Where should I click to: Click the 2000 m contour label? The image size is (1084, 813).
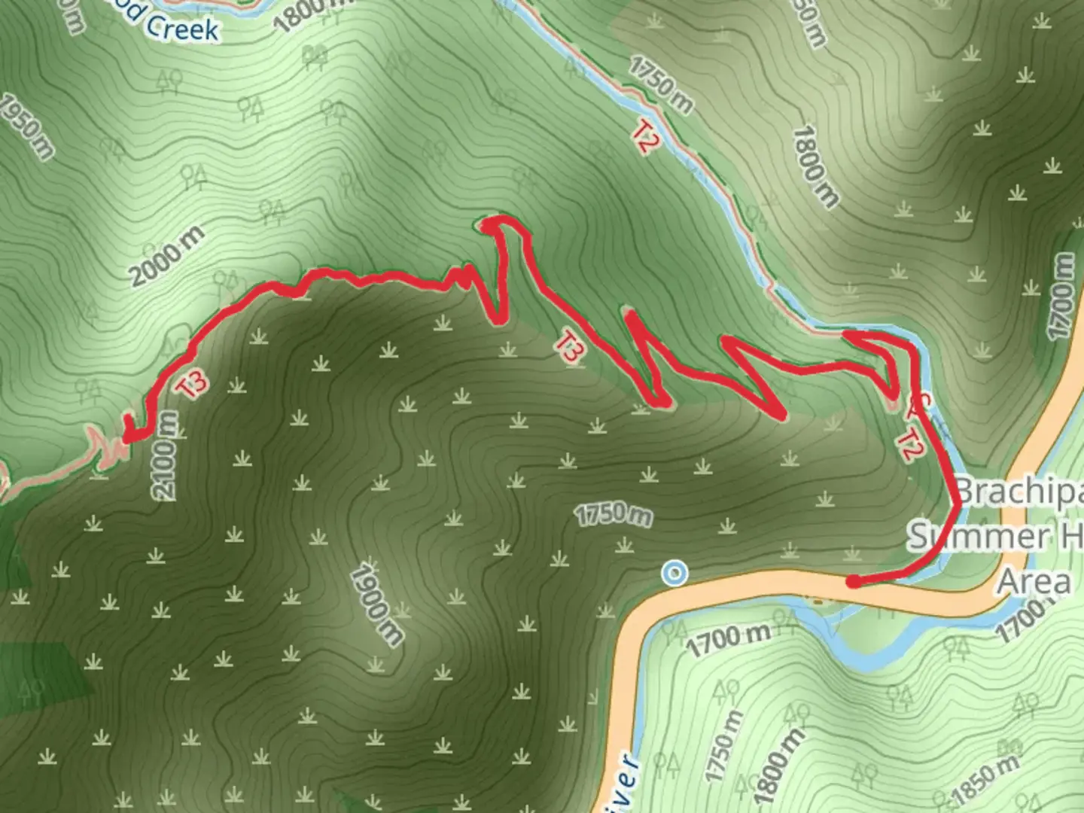(166, 256)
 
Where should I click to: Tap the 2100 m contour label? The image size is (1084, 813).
(166, 455)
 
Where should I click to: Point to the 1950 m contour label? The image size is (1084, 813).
(26, 126)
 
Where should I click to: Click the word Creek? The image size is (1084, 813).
(181, 28)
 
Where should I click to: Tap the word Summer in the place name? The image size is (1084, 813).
(979, 537)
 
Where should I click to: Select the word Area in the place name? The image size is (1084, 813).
(1034, 582)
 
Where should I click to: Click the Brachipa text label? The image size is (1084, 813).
(1020, 492)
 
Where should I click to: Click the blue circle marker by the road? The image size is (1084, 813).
(674, 574)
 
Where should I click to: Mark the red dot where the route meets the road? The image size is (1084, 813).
(853, 581)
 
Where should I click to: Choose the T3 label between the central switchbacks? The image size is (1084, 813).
(570, 347)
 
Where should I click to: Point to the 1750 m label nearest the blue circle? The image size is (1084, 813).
(614, 514)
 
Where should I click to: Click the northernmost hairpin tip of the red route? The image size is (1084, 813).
(488, 223)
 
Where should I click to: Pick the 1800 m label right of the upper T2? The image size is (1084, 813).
(815, 166)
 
